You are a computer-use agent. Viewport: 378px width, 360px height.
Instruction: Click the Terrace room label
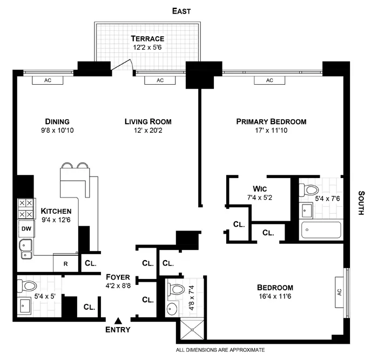[x=147, y=39]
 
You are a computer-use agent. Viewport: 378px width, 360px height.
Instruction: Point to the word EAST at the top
[x=181, y=11]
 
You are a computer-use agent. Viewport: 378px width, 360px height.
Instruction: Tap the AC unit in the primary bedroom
[x=269, y=80]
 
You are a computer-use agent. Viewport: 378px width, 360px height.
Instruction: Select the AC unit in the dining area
[x=48, y=80]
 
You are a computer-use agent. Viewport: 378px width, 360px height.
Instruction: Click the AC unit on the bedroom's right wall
[x=340, y=291]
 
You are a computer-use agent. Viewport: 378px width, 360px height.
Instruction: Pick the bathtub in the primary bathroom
[x=321, y=230]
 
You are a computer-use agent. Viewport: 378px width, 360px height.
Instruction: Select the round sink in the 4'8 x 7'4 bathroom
[x=172, y=310]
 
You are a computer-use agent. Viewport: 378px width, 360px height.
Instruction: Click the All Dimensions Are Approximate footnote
[x=220, y=350]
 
